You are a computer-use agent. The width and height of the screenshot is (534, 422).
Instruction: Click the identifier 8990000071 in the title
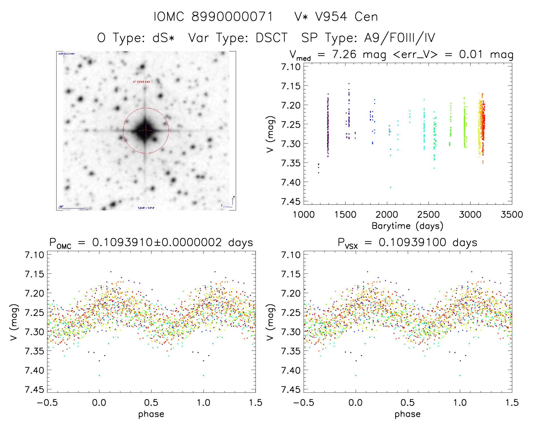(x=232, y=17)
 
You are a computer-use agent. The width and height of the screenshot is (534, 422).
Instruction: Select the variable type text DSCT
(x=271, y=38)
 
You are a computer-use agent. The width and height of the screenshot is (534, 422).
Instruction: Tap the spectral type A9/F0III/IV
(x=399, y=38)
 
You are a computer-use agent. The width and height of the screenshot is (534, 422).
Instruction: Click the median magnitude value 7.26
(x=344, y=54)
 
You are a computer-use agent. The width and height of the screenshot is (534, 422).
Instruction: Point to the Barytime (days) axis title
(x=407, y=226)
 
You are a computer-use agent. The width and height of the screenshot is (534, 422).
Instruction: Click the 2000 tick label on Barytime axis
(x=387, y=215)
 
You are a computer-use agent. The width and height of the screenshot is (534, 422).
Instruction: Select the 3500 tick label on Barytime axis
(x=512, y=215)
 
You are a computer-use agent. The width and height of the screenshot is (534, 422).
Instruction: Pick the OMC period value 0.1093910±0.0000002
(x=157, y=243)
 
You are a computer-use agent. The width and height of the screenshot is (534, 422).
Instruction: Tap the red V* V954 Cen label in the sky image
(x=142, y=82)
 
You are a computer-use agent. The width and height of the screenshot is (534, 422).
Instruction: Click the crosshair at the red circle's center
(x=146, y=130)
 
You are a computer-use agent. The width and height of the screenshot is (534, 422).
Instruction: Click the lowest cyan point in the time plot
(x=391, y=187)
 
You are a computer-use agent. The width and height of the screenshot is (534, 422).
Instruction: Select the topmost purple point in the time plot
(x=349, y=84)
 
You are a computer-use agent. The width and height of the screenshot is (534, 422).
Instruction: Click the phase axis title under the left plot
(x=151, y=414)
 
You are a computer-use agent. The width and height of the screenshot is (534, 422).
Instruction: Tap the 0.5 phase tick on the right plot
(x=408, y=403)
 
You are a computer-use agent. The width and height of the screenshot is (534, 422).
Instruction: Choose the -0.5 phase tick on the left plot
(x=47, y=403)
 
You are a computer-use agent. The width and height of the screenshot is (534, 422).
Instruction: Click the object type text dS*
(x=163, y=38)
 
